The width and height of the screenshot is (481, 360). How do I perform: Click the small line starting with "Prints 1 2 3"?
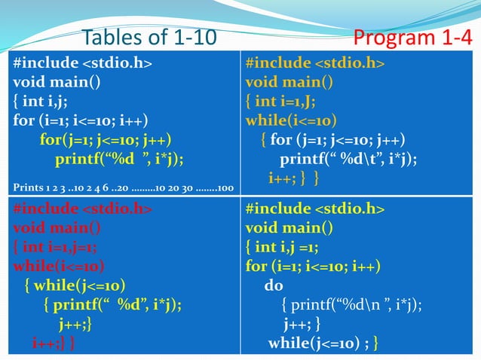click(x=122, y=186)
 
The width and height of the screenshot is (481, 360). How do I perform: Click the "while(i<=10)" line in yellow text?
click(x=291, y=121)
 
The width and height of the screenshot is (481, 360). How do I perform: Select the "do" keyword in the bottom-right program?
click(x=273, y=285)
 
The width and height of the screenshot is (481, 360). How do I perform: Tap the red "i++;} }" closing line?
click(x=53, y=344)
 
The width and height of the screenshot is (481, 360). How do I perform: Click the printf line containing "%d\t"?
click(x=348, y=160)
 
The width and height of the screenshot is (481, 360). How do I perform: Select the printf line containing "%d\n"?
click(x=351, y=305)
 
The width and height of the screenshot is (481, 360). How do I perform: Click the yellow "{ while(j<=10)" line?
click(x=75, y=285)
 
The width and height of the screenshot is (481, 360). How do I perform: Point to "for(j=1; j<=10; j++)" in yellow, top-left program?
click(x=106, y=140)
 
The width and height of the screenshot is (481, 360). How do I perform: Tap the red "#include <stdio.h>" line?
click(x=82, y=208)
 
